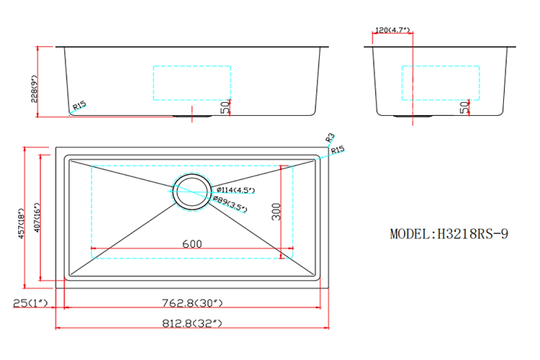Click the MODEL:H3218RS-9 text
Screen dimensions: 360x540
[x=449, y=234]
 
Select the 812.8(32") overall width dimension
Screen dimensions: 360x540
[x=192, y=323]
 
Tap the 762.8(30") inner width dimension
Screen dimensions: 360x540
[x=192, y=302]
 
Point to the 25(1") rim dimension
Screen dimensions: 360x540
[x=30, y=302]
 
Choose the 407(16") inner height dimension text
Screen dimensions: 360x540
[x=37, y=223]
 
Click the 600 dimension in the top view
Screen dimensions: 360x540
[x=192, y=243]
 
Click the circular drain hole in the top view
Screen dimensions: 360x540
[x=192, y=190]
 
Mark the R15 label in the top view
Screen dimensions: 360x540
[x=338, y=150]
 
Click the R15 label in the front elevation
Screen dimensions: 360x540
[x=78, y=106]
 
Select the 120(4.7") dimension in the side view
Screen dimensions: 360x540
[x=392, y=30]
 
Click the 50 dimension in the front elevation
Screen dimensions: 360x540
[x=225, y=107]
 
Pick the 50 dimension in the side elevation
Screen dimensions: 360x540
[x=465, y=108]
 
